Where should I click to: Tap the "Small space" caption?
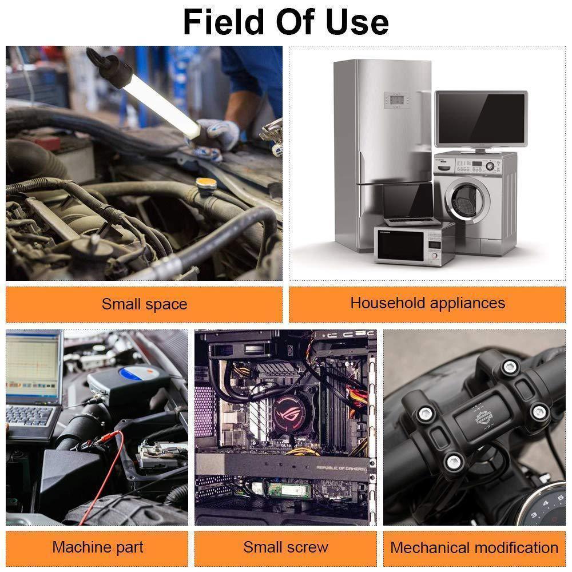(144, 304)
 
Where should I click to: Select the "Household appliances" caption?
(427, 303)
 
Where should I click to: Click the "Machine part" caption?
(97, 547)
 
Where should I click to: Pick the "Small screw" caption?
(285, 547)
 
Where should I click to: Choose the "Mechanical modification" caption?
(474, 547)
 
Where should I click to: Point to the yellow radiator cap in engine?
(206, 183)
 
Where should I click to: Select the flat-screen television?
(481, 120)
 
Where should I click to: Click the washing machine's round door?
(468, 200)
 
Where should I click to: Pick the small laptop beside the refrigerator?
(410, 204)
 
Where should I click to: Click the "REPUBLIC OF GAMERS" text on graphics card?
(341, 468)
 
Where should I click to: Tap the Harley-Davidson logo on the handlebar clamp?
(484, 416)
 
